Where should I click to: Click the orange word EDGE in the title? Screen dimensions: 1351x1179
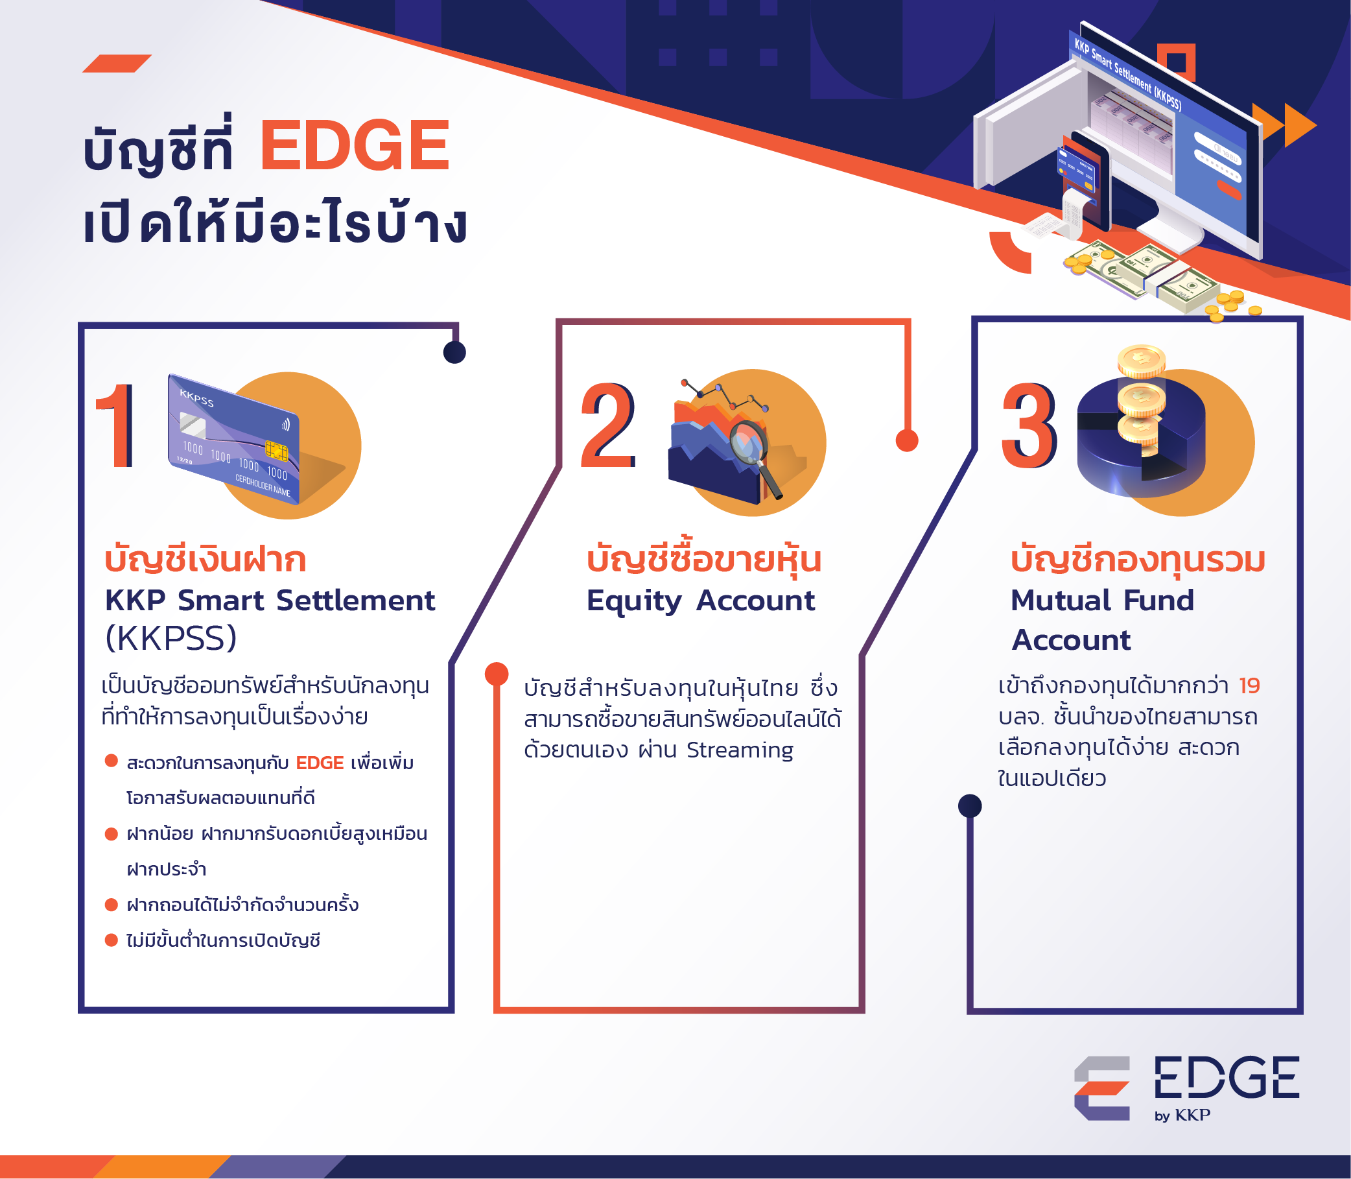point(355,145)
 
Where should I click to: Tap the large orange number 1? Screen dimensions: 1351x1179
point(117,425)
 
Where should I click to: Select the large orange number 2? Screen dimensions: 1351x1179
point(607,425)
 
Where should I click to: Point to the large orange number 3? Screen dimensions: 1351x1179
point(1029,425)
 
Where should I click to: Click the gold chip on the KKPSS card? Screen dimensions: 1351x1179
point(276,451)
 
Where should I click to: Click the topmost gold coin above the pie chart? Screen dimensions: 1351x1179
point(1141,360)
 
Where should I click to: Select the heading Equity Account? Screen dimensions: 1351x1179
point(701,601)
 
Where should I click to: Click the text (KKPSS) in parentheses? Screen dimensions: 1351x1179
point(171,637)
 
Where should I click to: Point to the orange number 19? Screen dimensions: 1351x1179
point(1249,685)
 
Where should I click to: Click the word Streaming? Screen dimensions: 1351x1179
point(740,750)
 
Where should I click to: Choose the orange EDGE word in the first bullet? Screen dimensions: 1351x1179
point(320,763)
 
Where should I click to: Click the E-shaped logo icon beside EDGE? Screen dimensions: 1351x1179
point(1101,1088)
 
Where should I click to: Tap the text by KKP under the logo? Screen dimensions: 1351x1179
point(1182,1115)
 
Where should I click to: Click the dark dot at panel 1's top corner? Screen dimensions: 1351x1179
point(454,352)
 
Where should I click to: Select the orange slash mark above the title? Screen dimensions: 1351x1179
point(117,63)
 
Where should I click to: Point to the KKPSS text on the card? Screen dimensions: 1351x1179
point(196,398)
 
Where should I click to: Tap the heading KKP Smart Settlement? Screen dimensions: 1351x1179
point(270,600)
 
